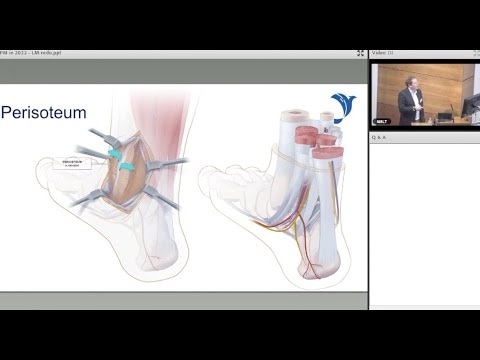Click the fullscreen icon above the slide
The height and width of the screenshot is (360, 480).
(x=359, y=53)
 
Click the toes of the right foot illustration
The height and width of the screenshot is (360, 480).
(x=210, y=180)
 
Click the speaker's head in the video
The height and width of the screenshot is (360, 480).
(x=409, y=77)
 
